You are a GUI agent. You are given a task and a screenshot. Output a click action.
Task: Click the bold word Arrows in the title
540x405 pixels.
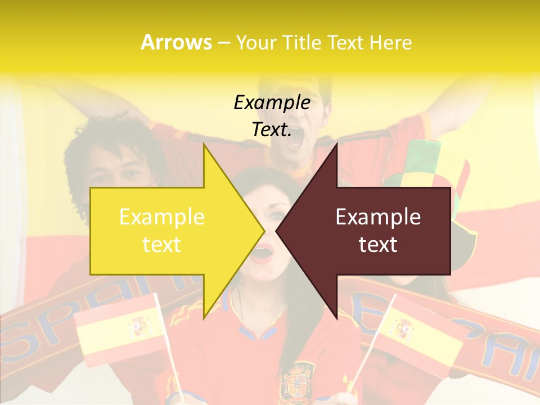click(176, 42)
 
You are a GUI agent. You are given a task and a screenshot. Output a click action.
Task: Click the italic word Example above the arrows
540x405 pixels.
click(272, 102)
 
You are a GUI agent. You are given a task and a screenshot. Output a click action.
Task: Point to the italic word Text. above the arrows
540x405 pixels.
click(272, 130)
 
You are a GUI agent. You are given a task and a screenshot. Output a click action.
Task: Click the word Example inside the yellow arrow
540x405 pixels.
click(162, 217)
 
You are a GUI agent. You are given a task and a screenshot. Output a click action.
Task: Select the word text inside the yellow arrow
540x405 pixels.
click(162, 244)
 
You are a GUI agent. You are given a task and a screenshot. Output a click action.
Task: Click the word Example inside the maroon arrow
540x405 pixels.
click(378, 217)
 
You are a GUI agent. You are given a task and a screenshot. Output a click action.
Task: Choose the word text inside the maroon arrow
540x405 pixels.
click(378, 244)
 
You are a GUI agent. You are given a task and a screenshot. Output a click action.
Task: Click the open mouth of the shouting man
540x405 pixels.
click(295, 138)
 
